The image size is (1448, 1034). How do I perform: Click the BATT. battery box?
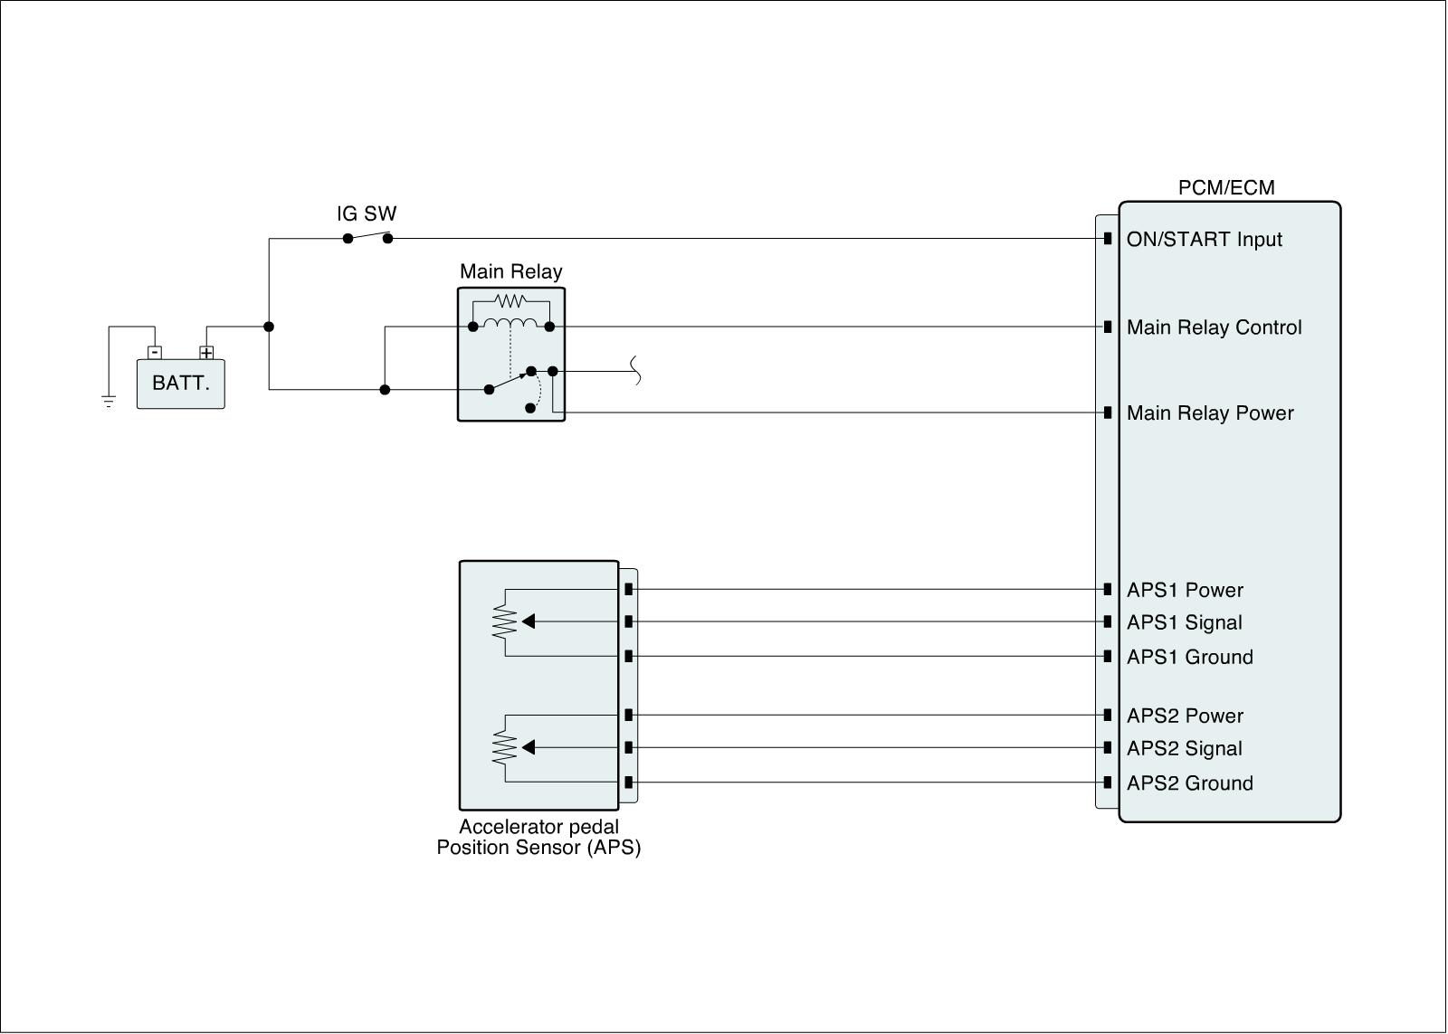coord(180,384)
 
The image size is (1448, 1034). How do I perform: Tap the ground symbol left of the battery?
coord(109,402)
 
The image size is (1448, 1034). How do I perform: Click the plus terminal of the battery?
coord(206,353)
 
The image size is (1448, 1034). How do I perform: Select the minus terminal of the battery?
coord(155,352)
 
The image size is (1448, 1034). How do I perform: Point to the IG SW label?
coord(367,214)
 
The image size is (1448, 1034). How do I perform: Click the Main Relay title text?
coord(510,271)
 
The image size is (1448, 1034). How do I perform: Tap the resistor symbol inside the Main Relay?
coord(510,300)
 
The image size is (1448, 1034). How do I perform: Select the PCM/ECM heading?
coord(1226,188)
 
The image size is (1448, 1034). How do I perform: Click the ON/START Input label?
coord(1204,240)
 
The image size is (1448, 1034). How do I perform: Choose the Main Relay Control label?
coord(1214,327)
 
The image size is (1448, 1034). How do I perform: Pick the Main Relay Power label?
coord(1210,413)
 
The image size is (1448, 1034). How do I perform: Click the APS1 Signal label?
coord(1184,622)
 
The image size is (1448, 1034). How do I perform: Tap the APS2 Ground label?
coord(1189,783)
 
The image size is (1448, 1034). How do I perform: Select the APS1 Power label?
coord(1185,591)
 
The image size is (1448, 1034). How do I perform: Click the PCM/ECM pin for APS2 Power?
coord(1108,715)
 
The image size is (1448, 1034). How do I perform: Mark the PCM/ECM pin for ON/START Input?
coord(1108,239)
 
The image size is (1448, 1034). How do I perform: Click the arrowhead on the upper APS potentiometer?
coord(529,621)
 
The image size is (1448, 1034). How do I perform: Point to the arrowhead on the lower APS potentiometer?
coord(529,747)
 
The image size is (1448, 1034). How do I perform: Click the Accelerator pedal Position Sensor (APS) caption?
coord(538,838)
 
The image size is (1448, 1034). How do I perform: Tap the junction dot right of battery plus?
coord(269,327)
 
